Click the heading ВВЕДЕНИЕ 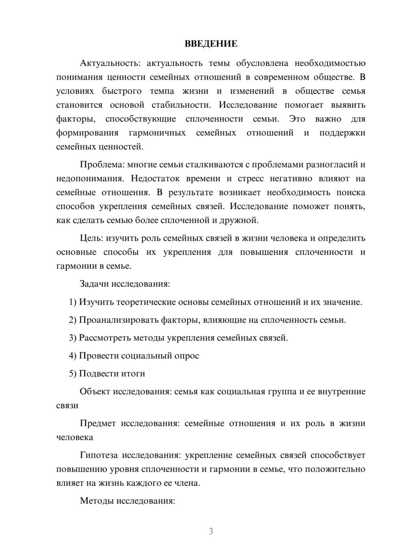[x=211, y=44]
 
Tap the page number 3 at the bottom [x=211, y=531]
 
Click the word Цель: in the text [x=91, y=238]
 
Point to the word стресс [x=251, y=178]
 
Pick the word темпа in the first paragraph [x=162, y=91]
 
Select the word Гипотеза [x=98, y=455]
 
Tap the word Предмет [x=97, y=423]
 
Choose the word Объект [x=95, y=391]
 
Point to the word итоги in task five [x=134, y=374]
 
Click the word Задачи [x=95, y=284]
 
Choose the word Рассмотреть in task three [x=104, y=338]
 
